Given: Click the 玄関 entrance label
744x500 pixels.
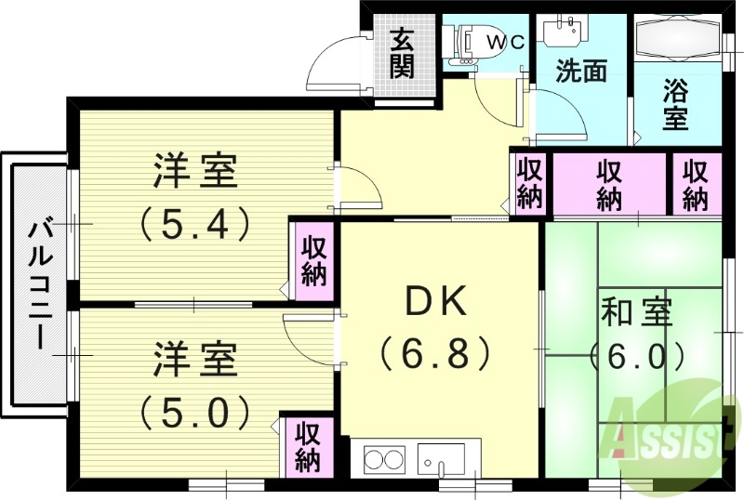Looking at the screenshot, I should pos(402,53).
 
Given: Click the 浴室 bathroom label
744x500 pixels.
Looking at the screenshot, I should pos(676,105).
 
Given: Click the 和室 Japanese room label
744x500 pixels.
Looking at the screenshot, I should pos(636,312).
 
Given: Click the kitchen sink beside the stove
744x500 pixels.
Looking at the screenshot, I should pos(441,459).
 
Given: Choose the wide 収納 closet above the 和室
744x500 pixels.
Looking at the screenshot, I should pos(609,184).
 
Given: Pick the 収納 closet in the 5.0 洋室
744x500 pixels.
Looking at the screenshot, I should pos(307,445).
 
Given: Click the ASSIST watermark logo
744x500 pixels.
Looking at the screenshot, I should pos(666,428).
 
